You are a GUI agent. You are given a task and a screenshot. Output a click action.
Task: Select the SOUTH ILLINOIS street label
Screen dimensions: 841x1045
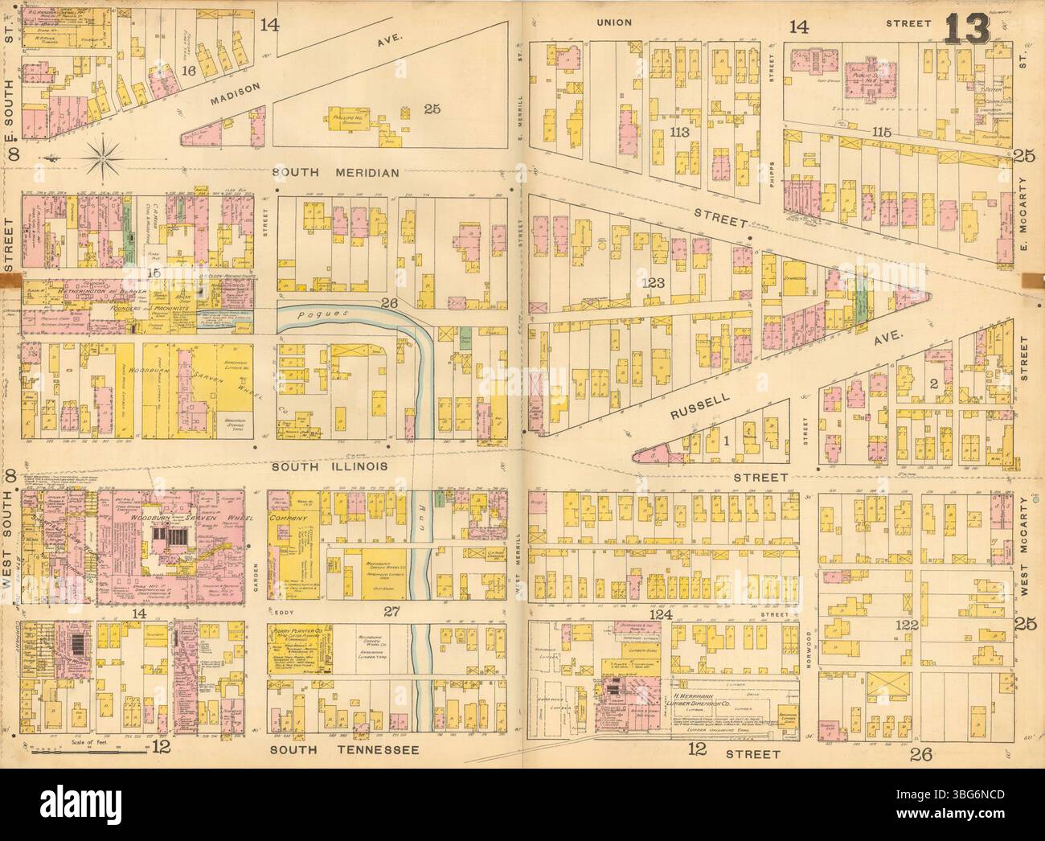(330, 466)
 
